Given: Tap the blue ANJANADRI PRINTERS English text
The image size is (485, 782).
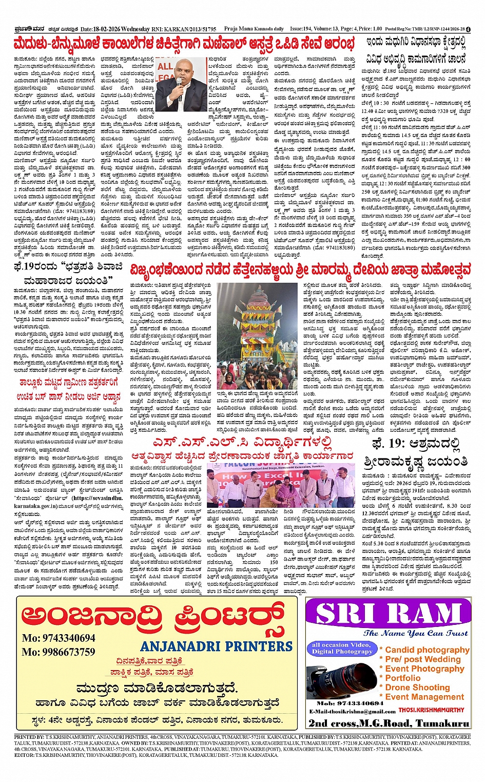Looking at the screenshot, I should [216, 646].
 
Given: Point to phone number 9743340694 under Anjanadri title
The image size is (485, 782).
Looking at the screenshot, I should [59, 638].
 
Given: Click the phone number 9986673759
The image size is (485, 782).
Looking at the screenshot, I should [59, 652].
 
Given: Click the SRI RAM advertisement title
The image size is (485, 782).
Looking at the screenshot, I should [388, 615].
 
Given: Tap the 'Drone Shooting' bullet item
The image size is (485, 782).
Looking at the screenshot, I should [417, 688].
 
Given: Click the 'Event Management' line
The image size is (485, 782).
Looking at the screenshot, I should [424, 697].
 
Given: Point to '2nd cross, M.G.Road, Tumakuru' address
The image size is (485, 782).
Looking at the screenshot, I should [389, 723].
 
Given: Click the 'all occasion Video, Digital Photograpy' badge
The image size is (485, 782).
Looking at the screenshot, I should [341, 648].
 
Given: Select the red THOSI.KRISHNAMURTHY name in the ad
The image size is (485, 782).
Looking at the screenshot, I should [431, 710].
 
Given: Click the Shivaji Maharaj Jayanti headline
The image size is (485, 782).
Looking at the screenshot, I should [69, 273].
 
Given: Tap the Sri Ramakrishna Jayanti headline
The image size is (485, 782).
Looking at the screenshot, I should [416, 452].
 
